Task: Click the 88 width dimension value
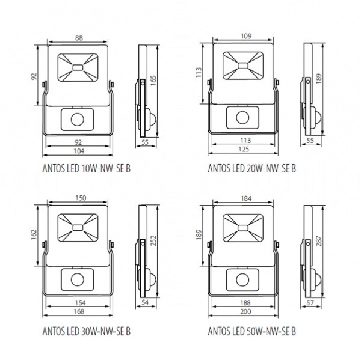pyautogui.click(x=79, y=38)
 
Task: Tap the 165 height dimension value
pyautogui.click(x=153, y=81)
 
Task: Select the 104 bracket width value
pyautogui.click(x=79, y=151)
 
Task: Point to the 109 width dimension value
pyautogui.click(x=246, y=36)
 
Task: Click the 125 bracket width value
pyautogui.click(x=244, y=149)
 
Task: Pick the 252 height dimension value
pyautogui.click(x=153, y=240)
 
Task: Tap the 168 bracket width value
pyautogui.click(x=79, y=311)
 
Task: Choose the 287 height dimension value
pyautogui.click(x=319, y=241)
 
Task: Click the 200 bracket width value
pyautogui.click(x=245, y=311)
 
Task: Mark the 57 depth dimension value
pyautogui.click(x=310, y=303)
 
